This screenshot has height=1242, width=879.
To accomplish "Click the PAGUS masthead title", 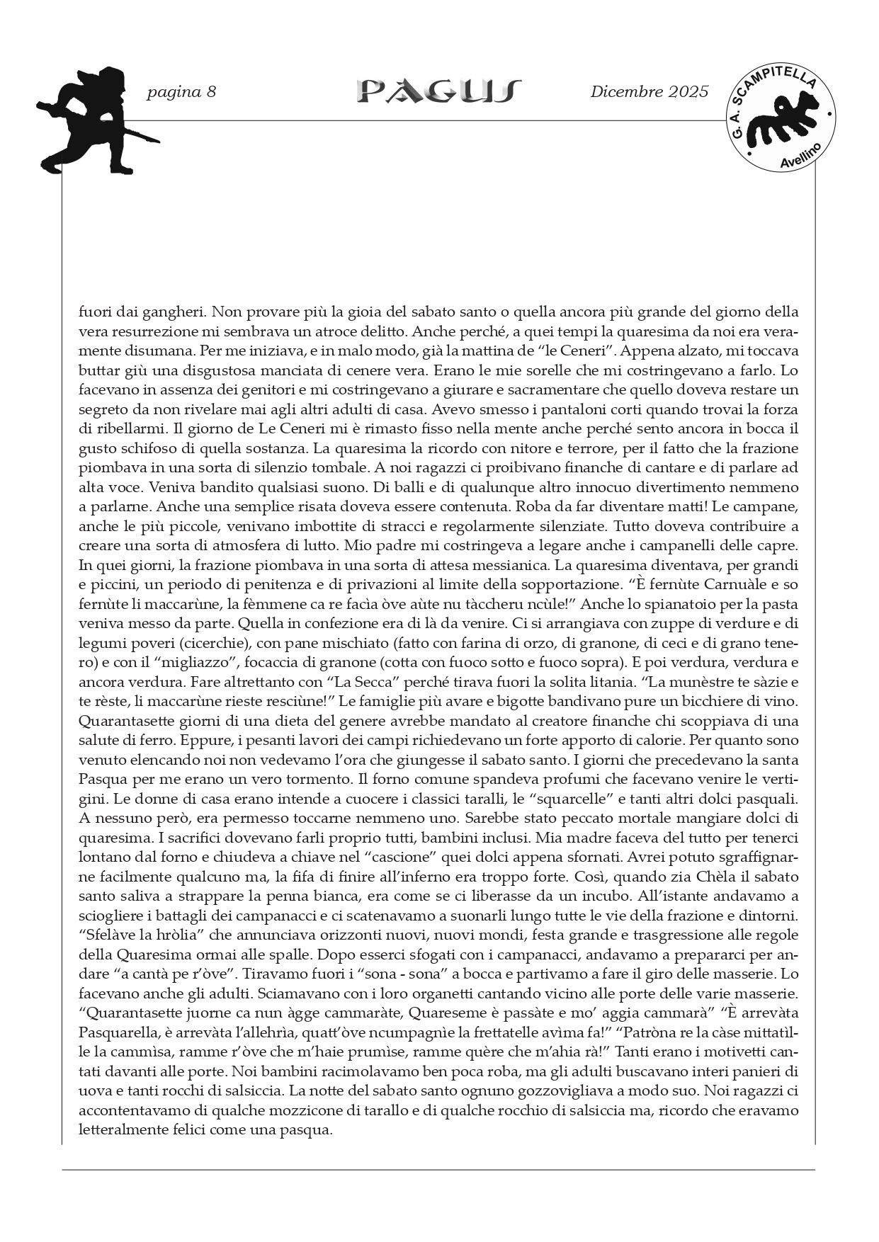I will pos(439,91).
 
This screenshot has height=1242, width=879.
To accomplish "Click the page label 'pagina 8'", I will pos(181,92).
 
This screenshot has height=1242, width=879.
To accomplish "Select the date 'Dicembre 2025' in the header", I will pos(649,92).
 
